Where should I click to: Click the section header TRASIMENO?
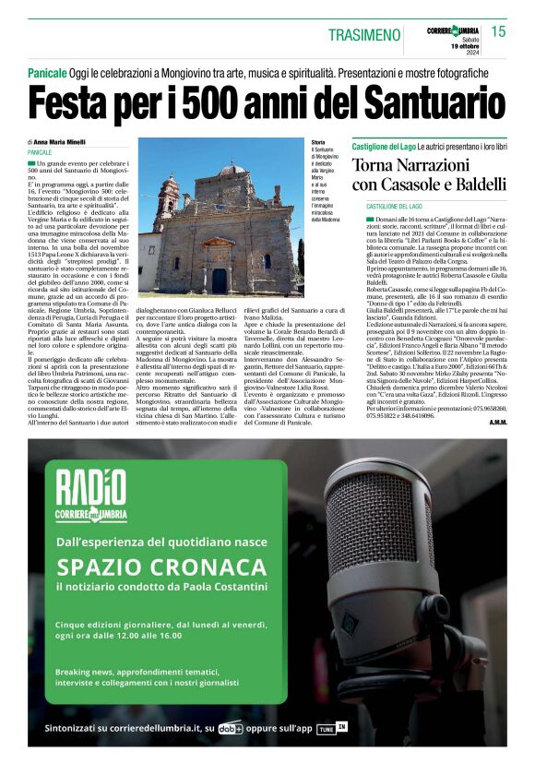[364, 35]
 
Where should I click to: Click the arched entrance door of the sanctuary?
[220, 279]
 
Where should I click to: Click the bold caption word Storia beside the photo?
[319, 142]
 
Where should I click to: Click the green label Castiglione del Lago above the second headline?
[383, 147]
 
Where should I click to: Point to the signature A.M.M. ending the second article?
[499, 423]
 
